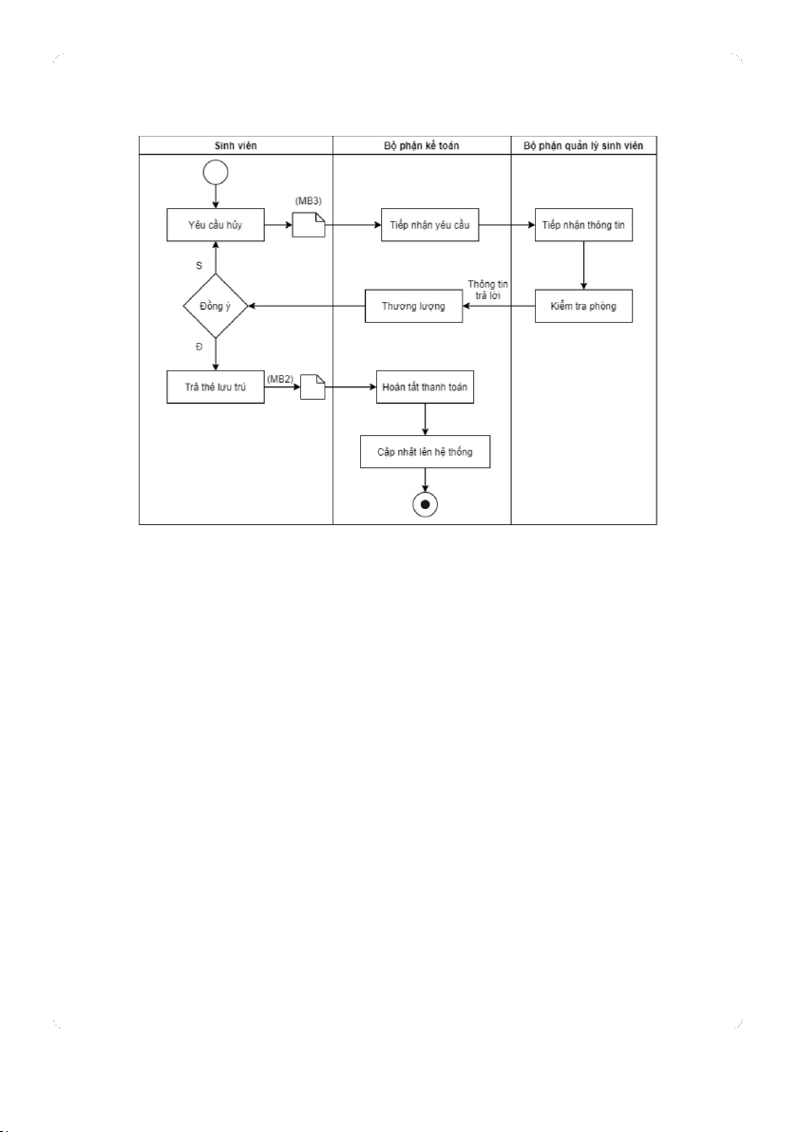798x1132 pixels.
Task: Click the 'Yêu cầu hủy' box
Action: click(x=216, y=226)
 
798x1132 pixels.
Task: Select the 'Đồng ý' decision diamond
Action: click(x=216, y=306)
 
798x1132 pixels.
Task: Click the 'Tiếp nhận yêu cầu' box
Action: click(x=429, y=226)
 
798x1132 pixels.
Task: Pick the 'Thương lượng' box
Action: click(x=414, y=306)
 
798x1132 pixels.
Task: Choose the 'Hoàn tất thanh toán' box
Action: click(x=424, y=387)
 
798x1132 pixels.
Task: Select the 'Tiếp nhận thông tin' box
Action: click(x=583, y=226)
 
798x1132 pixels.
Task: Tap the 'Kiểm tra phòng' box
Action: click(x=583, y=306)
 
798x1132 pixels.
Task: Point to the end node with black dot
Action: click(x=425, y=503)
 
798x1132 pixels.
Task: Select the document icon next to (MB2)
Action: click(x=313, y=387)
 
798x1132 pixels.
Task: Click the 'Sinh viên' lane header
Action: click(x=236, y=145)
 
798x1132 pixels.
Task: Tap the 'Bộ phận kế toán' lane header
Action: click(x=422, y=145)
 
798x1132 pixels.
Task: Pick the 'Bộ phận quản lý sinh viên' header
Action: click(x=584, y=145)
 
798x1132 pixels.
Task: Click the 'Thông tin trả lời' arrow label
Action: click(x=487, y=290)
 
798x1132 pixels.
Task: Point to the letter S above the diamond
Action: click(x=199, y=265)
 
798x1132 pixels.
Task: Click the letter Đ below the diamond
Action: click(x=199, y=348)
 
